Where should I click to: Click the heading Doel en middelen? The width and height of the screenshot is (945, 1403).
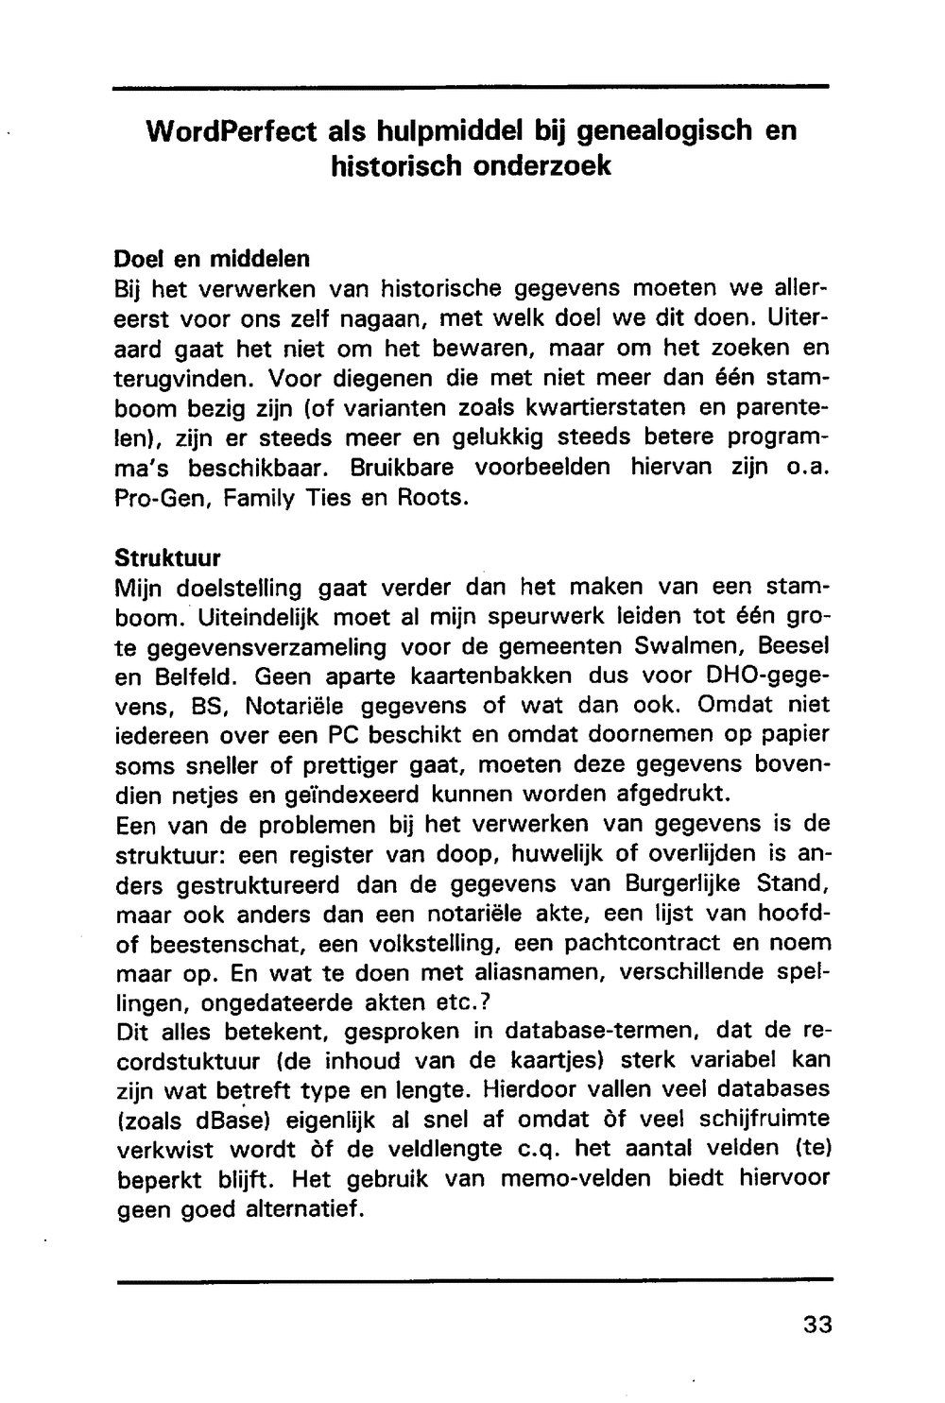tap(212, 257)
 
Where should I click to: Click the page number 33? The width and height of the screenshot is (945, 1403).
tap(817, 1324)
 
